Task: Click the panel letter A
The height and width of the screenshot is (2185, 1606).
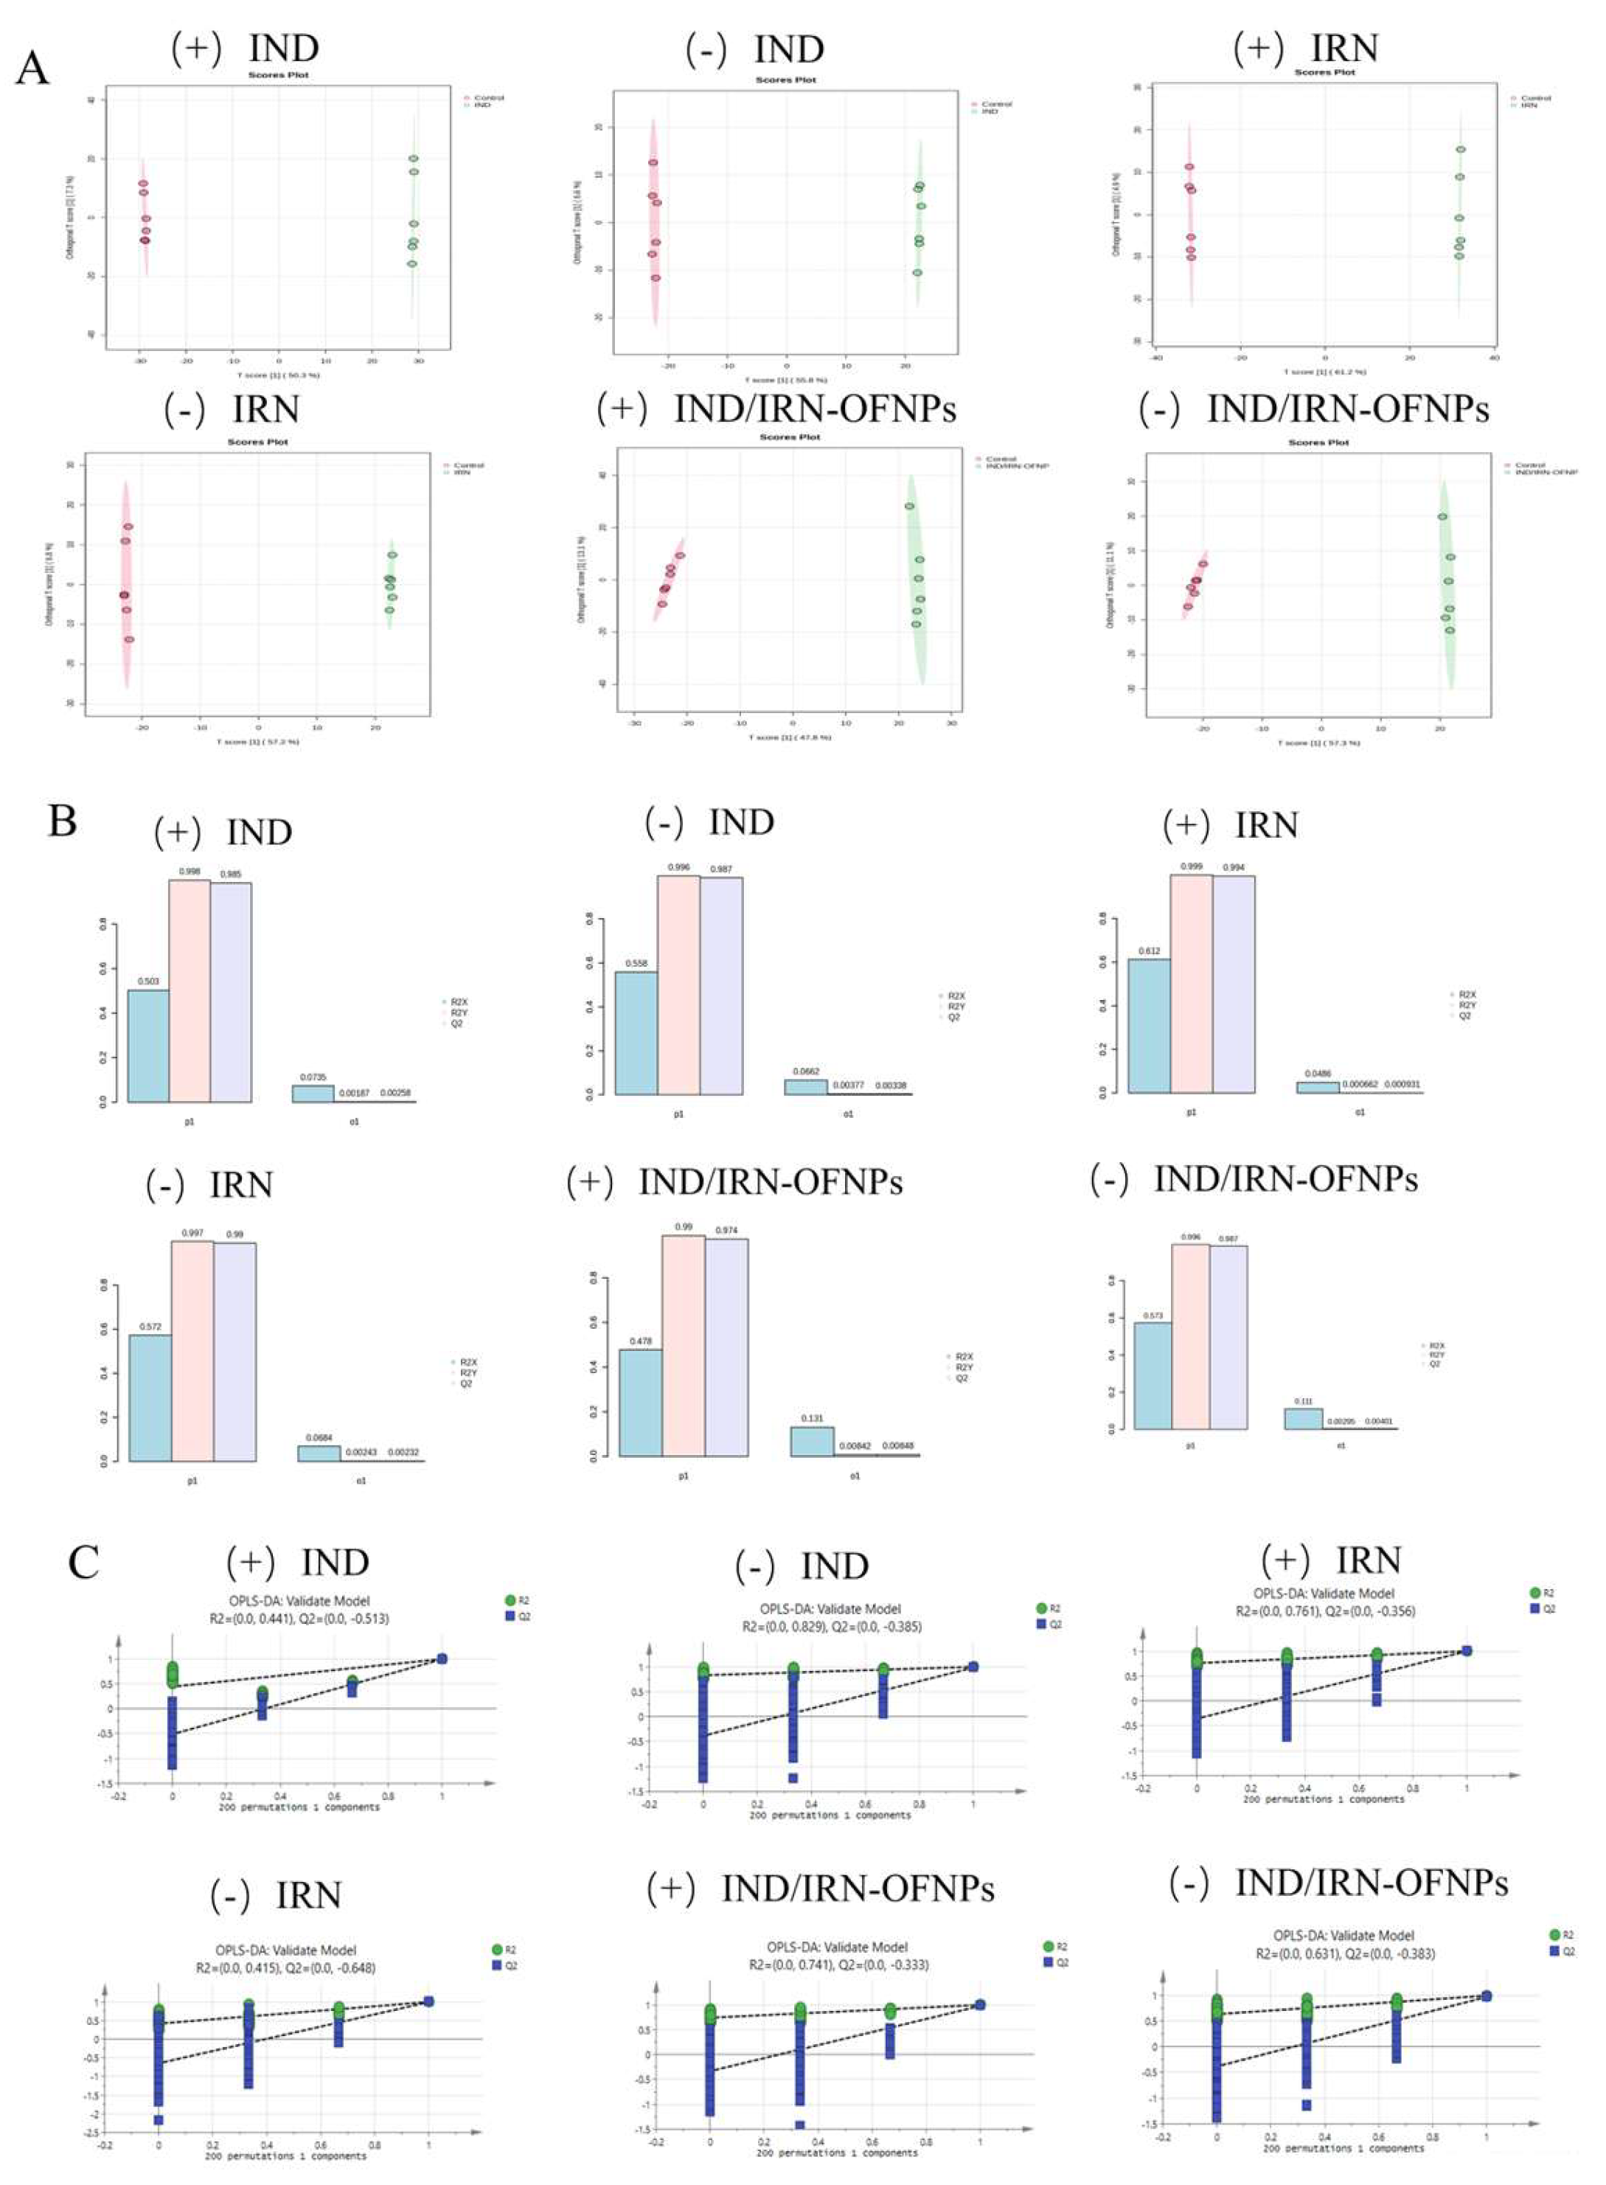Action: [32, 69]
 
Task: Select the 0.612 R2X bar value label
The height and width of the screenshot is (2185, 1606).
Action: [1148, 951]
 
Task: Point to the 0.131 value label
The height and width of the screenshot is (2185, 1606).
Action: [812, 1418]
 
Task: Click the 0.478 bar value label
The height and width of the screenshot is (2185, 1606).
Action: [640, 1341]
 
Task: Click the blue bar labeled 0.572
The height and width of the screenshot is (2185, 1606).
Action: [150, 1397]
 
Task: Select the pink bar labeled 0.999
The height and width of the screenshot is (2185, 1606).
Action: [1191, 984]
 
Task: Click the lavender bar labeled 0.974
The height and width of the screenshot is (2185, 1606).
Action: [726, 1347]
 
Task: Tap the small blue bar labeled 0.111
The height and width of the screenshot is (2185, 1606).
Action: [1303, 1418]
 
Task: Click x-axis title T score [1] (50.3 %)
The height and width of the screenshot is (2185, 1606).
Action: [278, 374]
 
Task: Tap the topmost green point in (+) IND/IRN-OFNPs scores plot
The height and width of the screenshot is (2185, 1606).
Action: [909, 507]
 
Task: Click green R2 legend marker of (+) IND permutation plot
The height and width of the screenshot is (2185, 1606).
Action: [510, 1600]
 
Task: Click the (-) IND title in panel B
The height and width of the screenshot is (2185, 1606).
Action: [709, 822]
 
